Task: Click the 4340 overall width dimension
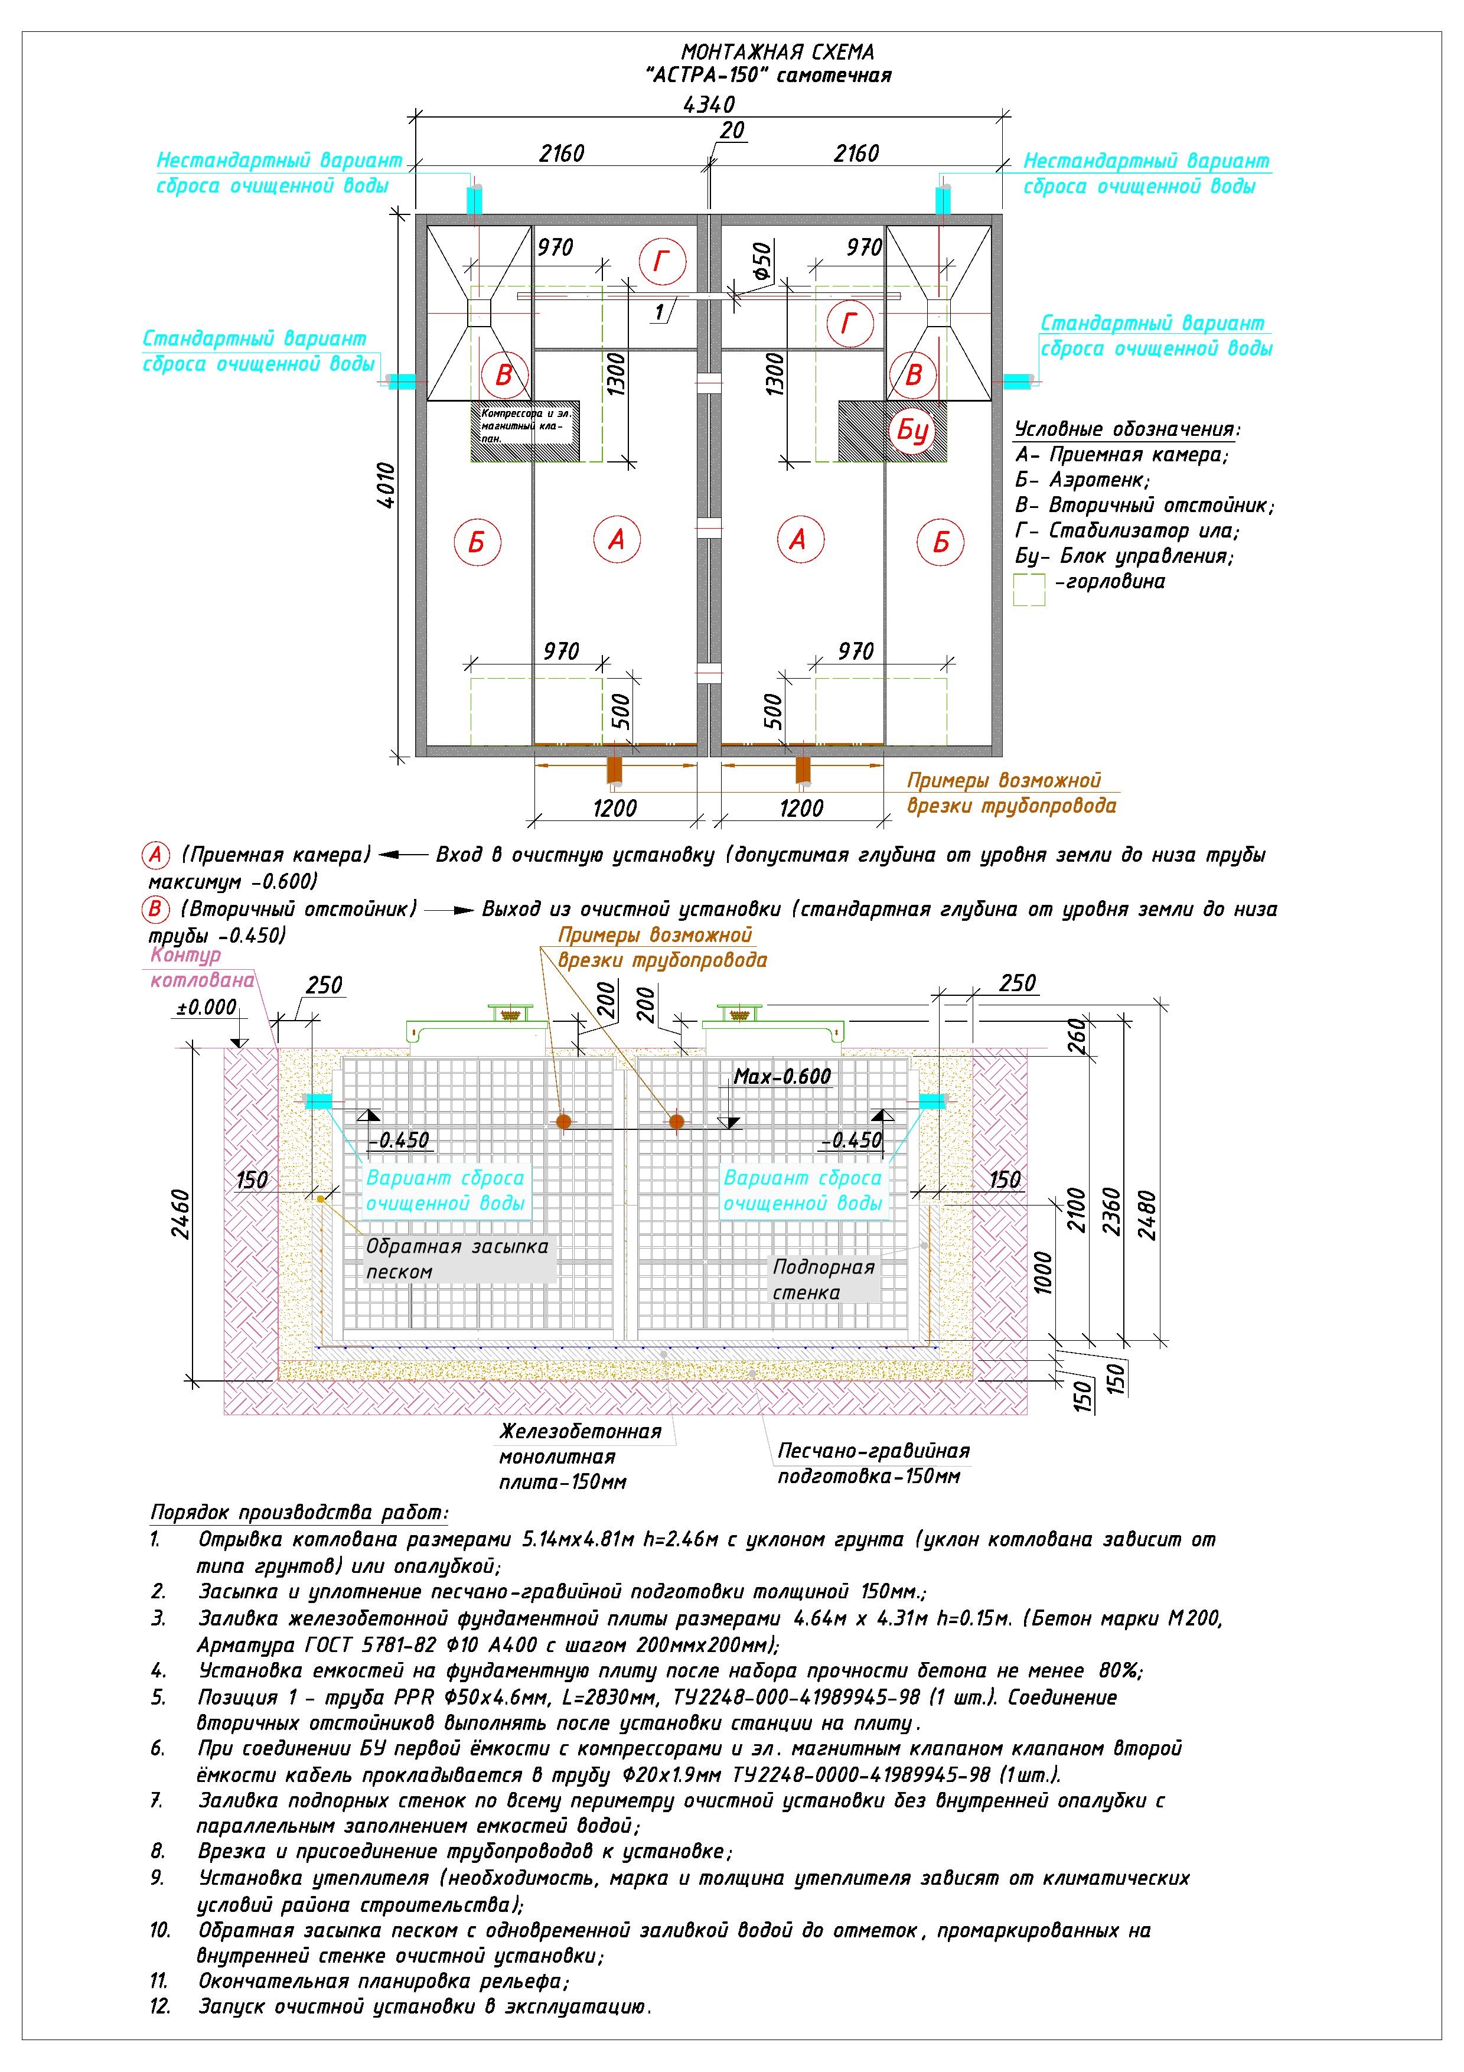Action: tap(709, 105)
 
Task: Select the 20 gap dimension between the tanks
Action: tap(732, 131)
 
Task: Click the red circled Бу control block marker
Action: tap(913, 431)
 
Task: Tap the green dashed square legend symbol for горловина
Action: tap(1029, 589)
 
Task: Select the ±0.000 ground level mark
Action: tap(207, 1007)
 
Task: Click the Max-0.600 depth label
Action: tap(782, 1076)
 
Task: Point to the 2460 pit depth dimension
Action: tap(180, 1214)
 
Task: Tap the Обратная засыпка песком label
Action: tap(457, 1259)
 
